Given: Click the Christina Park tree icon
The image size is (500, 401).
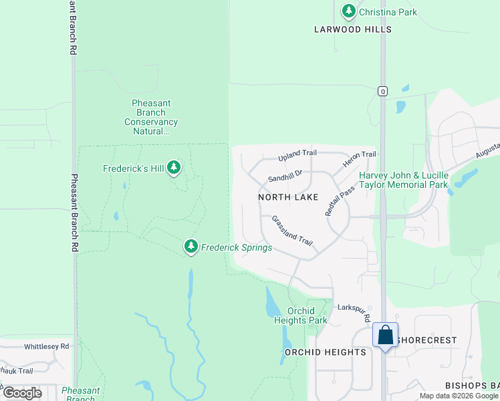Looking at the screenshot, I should tap(348, 11).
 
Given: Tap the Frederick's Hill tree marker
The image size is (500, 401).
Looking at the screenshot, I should tap(174, 168).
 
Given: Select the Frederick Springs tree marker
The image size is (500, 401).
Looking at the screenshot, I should tap(191, 247).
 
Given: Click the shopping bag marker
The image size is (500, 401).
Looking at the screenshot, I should tap(386, 336).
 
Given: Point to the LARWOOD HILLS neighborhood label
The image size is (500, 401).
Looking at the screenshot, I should tap(354, 29).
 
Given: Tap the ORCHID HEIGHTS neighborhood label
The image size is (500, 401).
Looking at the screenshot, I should tap(326, 352).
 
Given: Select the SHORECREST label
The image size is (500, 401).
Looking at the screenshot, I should tap(426, 340).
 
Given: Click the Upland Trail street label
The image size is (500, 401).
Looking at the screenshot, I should tap(297, 155).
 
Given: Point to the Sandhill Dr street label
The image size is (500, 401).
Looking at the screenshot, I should tap(285, 176).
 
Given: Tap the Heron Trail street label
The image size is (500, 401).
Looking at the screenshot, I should tap(360, 159).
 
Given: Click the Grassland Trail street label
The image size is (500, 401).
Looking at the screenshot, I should tap(292, 230).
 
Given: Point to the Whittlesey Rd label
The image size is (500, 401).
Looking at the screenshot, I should tap(47, 346).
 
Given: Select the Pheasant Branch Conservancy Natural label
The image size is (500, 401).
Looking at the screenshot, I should tap(152, 117).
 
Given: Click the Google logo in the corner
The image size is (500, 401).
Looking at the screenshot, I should tap(22, 393).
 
